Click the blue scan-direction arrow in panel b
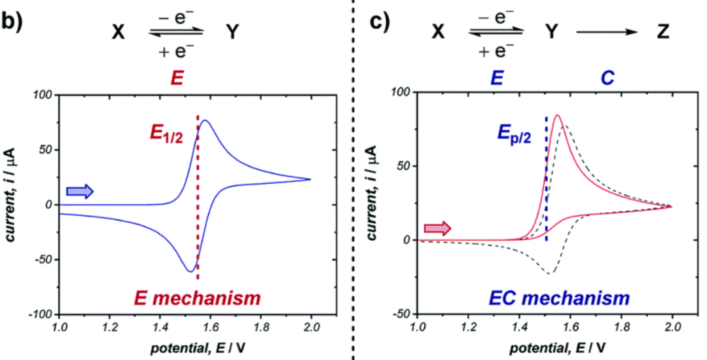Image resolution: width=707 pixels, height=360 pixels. click(x=80, y=191)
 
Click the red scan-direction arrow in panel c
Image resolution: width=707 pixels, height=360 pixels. click(x=437, y=228)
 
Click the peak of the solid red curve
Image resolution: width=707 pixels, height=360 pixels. click(x=557, y=116)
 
